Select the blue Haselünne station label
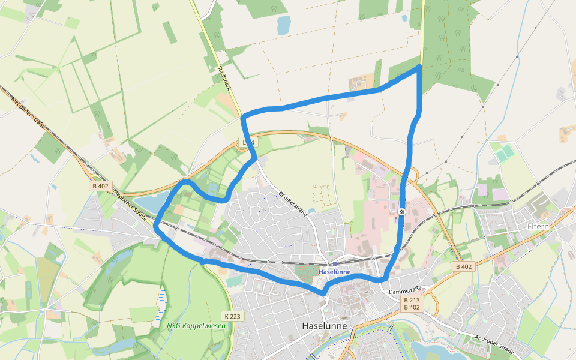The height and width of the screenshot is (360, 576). [334, 272]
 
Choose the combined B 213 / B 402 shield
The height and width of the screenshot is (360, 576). [412, 304]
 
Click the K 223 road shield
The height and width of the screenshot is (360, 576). [233, 316]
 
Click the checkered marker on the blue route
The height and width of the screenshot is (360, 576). [401, 211]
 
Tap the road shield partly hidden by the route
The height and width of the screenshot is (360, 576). [247, 142]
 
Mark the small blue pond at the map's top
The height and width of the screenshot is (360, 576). [283, 25]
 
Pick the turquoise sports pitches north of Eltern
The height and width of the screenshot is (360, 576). [505, 153]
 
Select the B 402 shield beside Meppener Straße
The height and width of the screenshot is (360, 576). [100, 186]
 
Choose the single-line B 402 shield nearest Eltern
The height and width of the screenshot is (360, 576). [464, 266]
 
